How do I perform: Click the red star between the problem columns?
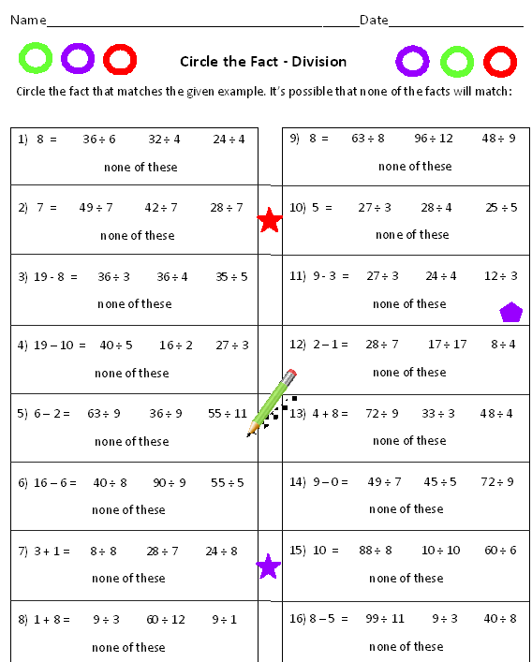click(x=270, y=221)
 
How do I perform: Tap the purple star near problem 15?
click(x=269, y=566)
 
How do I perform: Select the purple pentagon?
click(x=510, y=312)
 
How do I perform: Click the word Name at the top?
click(x=28, y=20)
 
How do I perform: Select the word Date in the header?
click(x=374, y=20)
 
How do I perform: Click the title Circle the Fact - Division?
click(x=263, y=62)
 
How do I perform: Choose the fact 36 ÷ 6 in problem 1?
click(x=99, y=139)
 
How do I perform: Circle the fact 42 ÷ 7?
click(x=161, y=207)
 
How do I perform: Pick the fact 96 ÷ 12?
click(x=434, y=138)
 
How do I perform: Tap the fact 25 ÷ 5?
click(x=501, y=207)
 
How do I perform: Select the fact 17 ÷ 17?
click(x=447, y=344)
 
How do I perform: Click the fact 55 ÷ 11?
click(x=228, y=413)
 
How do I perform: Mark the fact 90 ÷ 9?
click(x=170, y=482)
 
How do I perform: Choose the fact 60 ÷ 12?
click(x=165, y=619)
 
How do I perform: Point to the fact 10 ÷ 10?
click(x=441, y=550)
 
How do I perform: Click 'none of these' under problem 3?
click(x=135, y=303)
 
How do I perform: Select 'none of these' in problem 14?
click(x=406, y=508)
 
